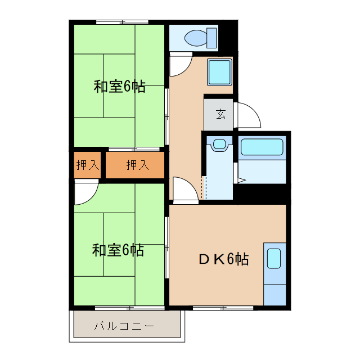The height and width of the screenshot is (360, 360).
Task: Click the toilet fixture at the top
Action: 197,38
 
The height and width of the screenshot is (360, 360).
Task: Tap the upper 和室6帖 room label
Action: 119,87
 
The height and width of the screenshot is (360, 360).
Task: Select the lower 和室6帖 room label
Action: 118,249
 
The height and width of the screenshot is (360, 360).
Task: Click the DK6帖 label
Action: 223,259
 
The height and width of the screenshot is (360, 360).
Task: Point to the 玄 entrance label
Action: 220,113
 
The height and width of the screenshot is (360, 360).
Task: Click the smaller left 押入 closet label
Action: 87,165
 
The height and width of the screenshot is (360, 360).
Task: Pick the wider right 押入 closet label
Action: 137,165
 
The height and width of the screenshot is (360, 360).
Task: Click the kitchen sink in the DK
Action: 274,258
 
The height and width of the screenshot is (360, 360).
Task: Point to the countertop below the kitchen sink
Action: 274,292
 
